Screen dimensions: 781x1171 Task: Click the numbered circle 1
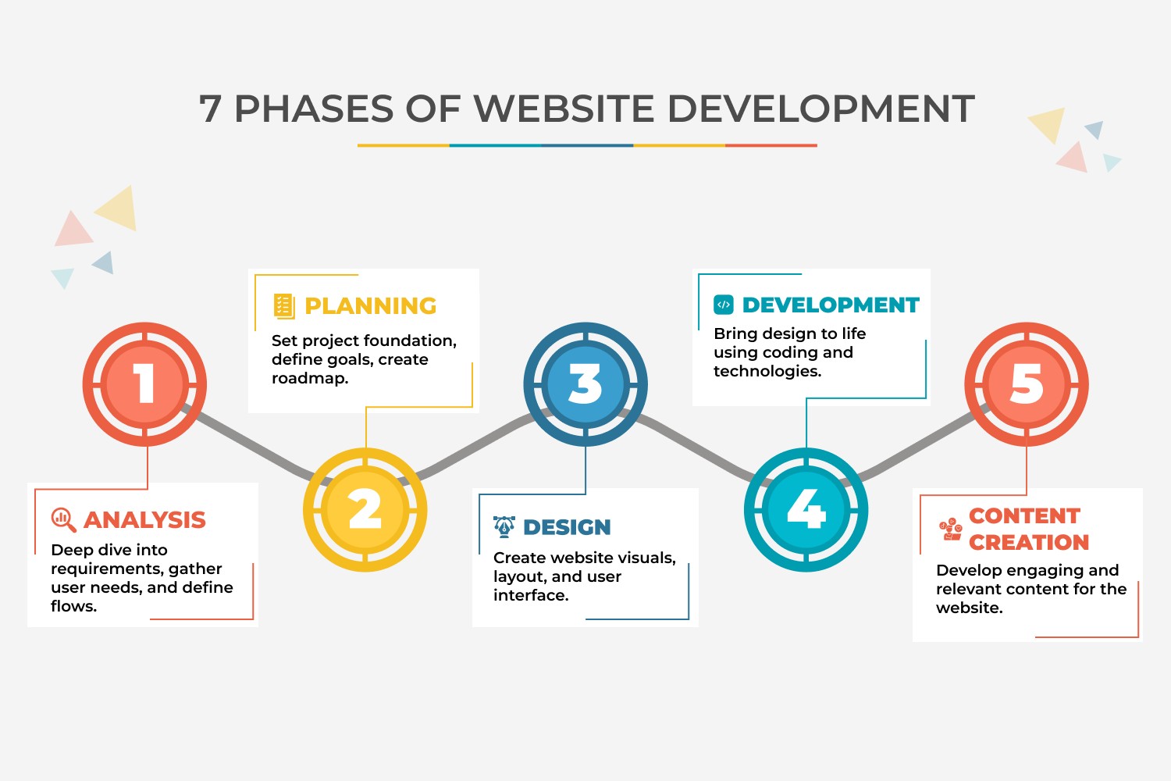(144, 384)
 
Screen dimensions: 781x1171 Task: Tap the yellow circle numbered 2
(365, 510)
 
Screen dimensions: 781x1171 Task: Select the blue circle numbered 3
(585, 384)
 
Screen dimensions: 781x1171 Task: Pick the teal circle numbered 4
(806, 510)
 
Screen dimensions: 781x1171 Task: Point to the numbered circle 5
(1027, 384)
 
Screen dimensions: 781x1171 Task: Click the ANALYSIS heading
(144, 519)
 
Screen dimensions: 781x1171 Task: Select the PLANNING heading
(370, 306)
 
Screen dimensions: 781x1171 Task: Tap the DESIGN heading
(567, 527)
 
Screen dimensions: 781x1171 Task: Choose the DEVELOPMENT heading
(831, 305)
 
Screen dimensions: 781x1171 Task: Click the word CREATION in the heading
(1029, 542)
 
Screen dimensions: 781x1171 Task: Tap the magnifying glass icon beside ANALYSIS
(63, 519)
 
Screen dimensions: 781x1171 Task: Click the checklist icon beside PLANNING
(283, 306)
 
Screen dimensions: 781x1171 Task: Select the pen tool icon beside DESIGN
(504, 527)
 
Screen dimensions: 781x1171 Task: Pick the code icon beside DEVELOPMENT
(724, 305)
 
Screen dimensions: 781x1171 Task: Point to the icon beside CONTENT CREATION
(950, 529)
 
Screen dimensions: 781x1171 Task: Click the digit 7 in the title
(210, 109)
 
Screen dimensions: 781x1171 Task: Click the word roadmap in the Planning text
(309, 379)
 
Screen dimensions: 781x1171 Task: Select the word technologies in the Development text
(767, 372)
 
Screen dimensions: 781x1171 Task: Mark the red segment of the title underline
(771, 145)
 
